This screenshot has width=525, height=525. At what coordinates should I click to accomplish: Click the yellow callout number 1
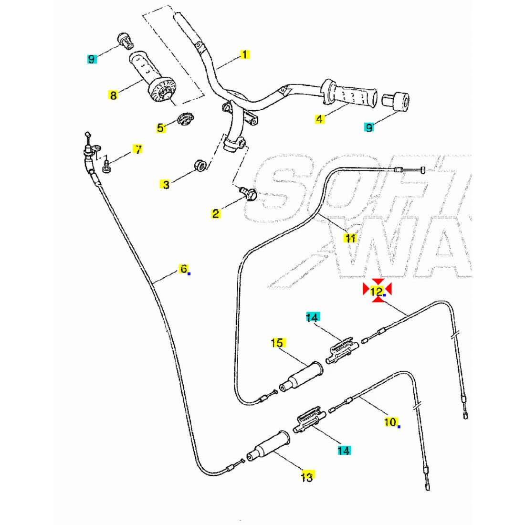point(245,54)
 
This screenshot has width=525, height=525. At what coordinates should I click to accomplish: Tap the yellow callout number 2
point(216,213)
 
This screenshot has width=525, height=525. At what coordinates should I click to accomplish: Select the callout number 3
point(166,184)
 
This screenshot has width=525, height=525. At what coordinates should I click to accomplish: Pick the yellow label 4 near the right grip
point(319,119)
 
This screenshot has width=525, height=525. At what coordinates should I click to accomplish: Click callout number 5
point(160,127)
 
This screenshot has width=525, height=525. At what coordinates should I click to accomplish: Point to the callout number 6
point(184,269)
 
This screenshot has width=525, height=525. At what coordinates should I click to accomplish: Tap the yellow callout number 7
point(137,149)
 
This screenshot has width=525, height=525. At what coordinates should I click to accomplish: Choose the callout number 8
point(113,95)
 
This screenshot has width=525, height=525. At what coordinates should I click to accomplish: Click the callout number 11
point(351,238)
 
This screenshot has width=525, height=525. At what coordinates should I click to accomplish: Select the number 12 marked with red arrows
point(377,290)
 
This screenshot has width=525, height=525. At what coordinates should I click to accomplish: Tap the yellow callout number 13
point(307,476)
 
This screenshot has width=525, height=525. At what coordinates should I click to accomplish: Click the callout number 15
point(277,343)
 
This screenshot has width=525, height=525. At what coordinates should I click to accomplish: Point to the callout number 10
point(390,422)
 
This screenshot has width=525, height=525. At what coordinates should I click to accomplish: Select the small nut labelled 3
point(200,166)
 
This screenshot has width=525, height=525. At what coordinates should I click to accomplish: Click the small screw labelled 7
point(106,167)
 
